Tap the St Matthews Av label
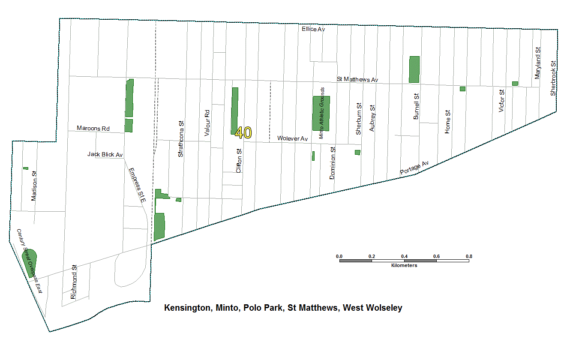point(357,79)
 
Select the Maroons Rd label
point(93,128)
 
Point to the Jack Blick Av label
point(105,154)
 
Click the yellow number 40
point(243,133)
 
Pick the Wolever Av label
point(292,138)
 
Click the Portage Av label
point(414,168)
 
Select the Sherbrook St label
point(553,79)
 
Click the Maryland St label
point(537,63)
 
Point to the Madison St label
point(34,186)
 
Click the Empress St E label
point(137,185)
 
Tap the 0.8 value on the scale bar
point(469,257)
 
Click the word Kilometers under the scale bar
point(404,265)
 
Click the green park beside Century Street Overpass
point(30,261)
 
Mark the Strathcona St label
point(181,138)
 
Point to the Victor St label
point(501,101)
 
